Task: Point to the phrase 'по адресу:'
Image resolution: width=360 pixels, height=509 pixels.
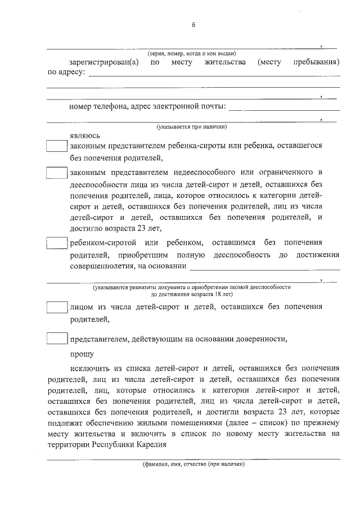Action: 66,72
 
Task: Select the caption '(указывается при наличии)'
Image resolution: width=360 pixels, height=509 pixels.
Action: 192,127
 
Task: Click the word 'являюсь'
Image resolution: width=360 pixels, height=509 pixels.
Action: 85,136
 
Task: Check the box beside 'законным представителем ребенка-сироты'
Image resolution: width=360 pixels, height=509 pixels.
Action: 56,146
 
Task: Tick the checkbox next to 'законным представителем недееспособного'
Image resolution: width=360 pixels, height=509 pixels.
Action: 56,172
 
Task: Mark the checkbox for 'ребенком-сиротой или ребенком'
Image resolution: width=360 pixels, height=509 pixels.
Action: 56,243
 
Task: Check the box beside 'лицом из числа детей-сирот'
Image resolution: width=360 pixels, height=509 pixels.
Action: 56,308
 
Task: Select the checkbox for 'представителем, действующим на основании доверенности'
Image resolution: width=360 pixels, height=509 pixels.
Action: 56,339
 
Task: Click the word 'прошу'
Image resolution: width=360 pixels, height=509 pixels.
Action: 82,354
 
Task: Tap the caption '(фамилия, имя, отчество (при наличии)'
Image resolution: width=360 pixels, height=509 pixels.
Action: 192,465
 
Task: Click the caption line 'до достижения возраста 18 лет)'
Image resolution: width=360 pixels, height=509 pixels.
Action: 192,294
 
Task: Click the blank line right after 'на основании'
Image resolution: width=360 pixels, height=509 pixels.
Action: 264,268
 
